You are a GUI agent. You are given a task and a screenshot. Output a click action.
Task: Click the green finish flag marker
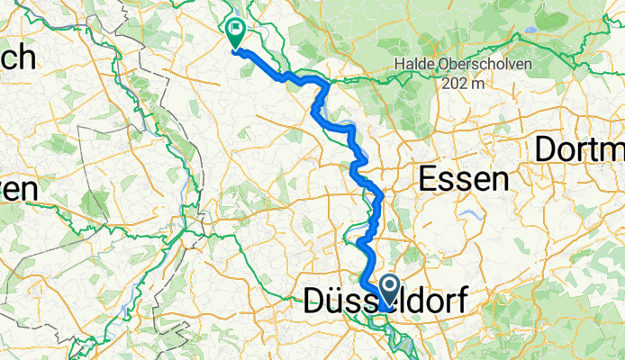click(x=235, y=31)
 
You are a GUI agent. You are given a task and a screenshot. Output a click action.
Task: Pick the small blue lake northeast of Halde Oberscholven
click(x=532, y=29)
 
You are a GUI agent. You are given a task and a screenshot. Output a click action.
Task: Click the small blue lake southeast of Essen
click(x=469, y=214)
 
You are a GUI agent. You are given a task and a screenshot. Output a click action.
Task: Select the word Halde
click(x=411, y=65)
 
